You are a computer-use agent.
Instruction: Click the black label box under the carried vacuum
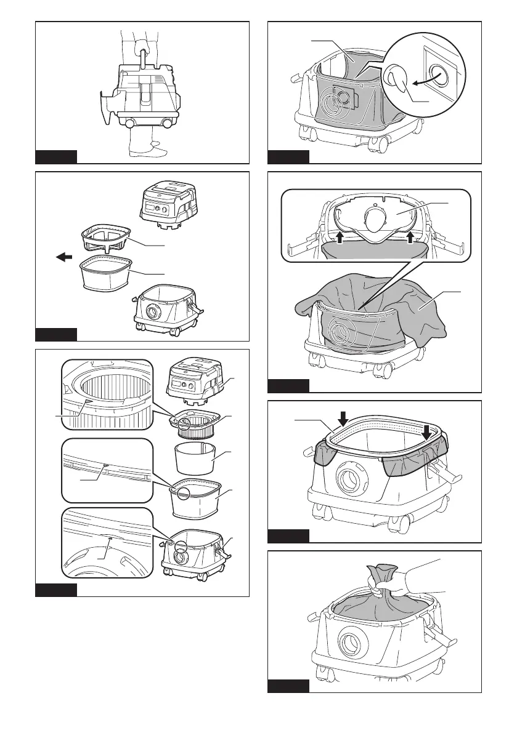click(55, 156)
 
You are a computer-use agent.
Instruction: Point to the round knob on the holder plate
click(375, 218)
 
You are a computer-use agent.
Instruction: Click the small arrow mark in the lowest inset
click(109, 537)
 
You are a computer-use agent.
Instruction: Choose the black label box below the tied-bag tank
click(288, 686)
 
